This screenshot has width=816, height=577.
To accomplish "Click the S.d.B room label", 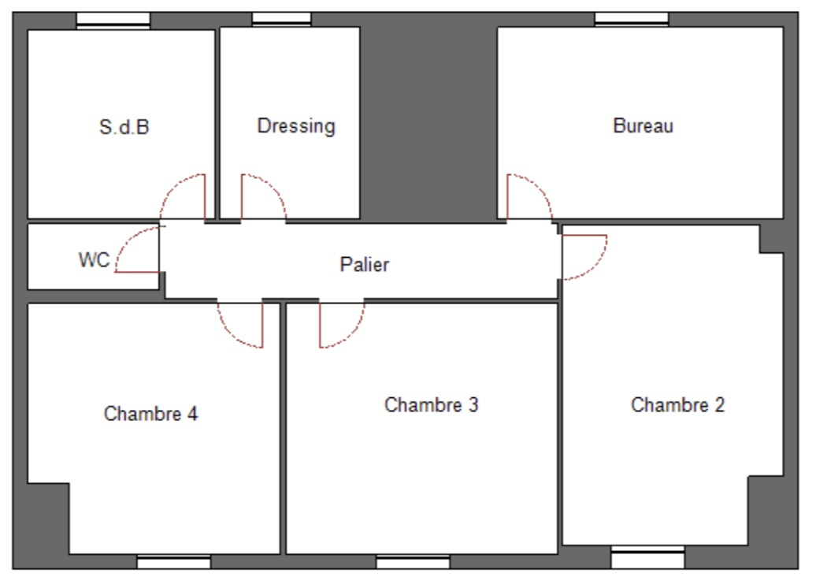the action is (124, 127).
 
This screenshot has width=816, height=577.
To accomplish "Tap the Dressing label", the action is (296, 126).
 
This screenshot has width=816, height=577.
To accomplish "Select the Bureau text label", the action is (644, 126).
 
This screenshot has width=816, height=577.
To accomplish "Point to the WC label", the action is (95, 260).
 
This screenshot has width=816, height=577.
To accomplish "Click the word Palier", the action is (364, 265).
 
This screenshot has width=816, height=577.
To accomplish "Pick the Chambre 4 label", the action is (151, 414).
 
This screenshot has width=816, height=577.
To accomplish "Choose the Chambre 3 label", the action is (432, 405).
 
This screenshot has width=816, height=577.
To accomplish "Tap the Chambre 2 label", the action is (677, 405).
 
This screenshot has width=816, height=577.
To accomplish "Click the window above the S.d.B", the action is (113, 20).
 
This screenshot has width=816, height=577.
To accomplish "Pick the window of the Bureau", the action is (632, 19).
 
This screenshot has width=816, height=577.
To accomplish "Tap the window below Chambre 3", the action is (414, 563).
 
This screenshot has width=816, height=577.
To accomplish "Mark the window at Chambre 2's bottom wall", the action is (647, 557).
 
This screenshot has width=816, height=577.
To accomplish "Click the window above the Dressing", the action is (281, 19).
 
